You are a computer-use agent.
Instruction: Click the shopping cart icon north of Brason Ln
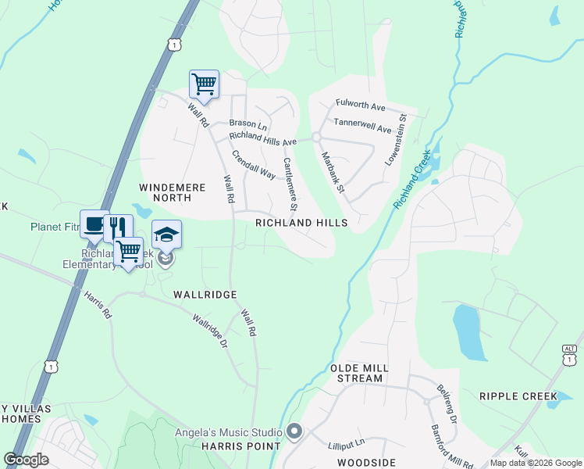[204, 84]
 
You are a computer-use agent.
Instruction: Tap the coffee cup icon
[94, 224]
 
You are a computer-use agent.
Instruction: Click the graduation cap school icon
[166, 234]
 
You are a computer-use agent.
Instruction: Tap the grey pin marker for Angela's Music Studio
[294, 431]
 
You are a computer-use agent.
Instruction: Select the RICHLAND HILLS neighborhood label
[301, 223]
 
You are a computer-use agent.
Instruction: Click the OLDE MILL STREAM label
[357, 373]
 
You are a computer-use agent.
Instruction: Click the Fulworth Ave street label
[361, 103]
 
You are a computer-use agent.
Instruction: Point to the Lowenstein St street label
[397, 140]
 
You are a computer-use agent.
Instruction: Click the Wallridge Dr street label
[211, 331]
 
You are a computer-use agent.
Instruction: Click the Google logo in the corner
[27, 460]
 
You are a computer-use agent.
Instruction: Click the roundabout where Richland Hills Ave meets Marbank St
[317, 137]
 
